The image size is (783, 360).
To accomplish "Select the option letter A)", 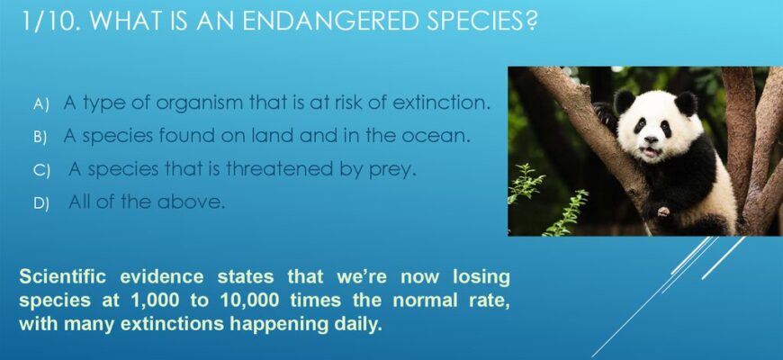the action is pos(41,104).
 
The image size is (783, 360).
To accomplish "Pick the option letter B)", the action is pos(40,138).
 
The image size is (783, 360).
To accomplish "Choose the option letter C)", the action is pos(41,171).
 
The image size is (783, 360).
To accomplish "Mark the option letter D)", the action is pos(41,203).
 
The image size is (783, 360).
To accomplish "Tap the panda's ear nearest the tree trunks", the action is pos(686,103).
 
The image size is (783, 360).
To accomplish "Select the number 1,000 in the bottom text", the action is pos(154,301).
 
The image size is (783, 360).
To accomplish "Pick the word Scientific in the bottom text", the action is pos(62,276).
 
